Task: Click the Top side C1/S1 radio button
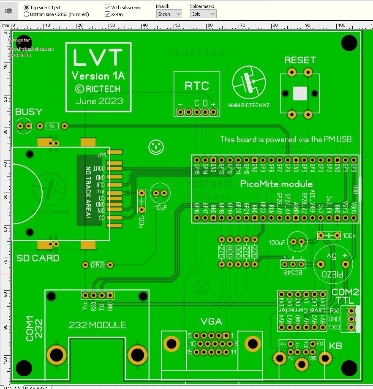pyautogui.click(x=27, y=8)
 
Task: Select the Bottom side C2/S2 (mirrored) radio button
pyautogui.click(x=27, y=14)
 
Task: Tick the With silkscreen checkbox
pyautogui.click(x=108, y=8)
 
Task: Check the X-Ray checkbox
pyautogui.click(x=108, y=14)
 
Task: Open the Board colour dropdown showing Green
pyautogui.click(x=169, y=14)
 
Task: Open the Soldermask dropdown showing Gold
pyautogui.click(x=203, y=14)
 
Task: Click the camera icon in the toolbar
pyautogui.click(x=9, y=11)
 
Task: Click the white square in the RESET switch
pyautogui.click(x=299, y=93)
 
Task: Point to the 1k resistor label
pyautogui.click(x=52, y=126)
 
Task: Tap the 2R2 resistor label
pyautogui.click(x=98, y=265)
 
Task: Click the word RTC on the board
pyautogui.click(x=196, y=86)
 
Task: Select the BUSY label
pyautogui.click(x=29, y=112)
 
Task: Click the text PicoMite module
pyautogui.click(x=276, y=184)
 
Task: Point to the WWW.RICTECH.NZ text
pyautogui.click(x=248, y=105)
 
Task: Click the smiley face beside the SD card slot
pyautogui.click(x=156, y=147)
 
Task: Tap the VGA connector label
pyautogui.click(x=211, y=322)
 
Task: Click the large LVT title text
pyautogui.click(x=98, y=57)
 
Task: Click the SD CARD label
pyautogui.click(x=38, y=258)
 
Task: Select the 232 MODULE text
pyautogui.click(x=97, y=325)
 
